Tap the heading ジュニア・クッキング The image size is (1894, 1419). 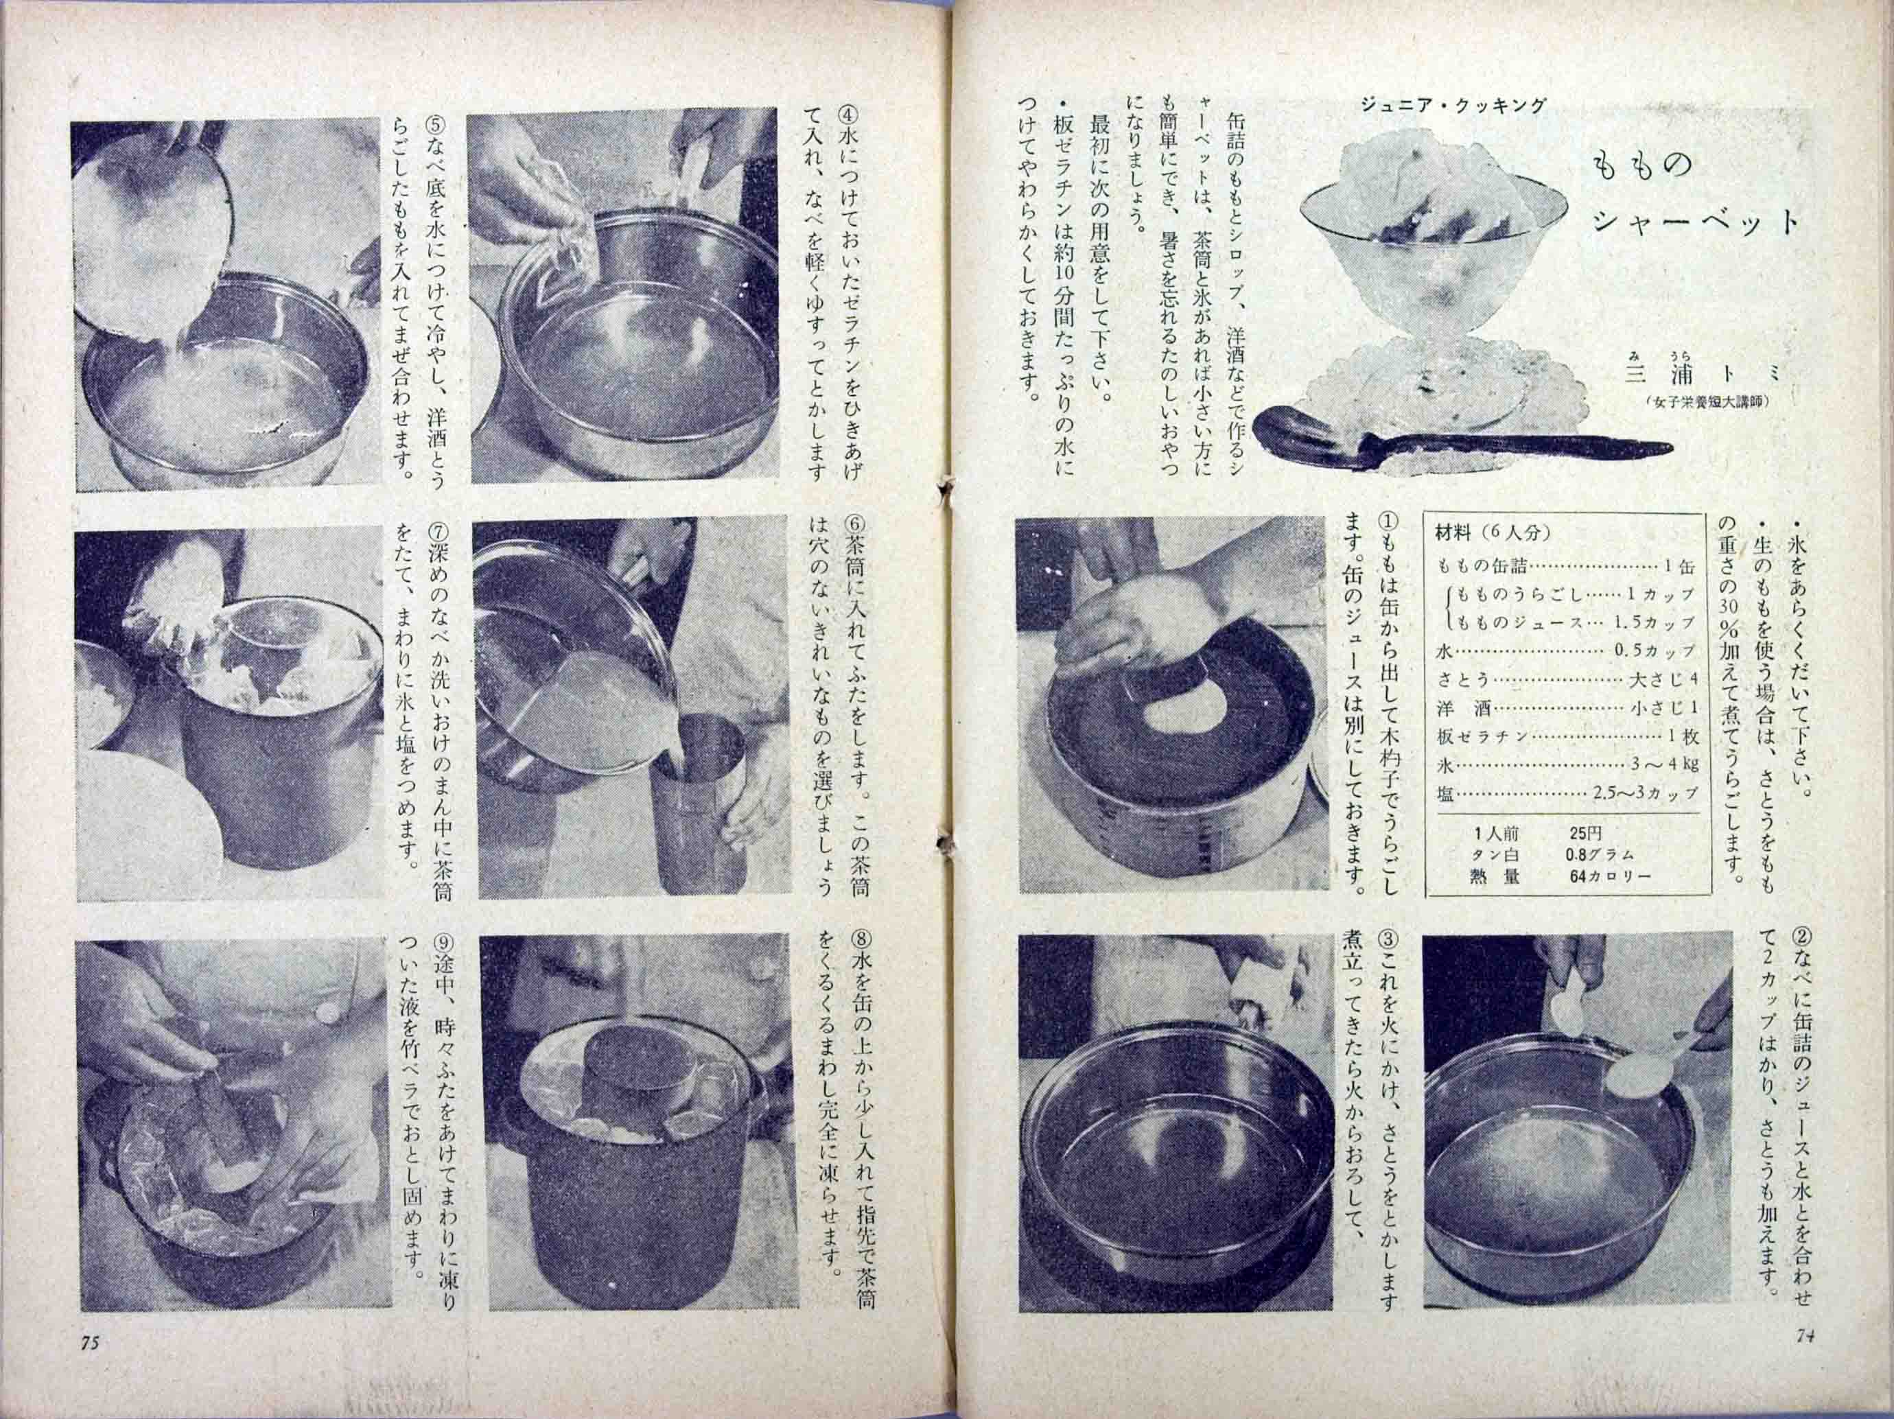pos(1453,107)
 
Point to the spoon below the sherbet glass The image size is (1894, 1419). pos(1455,447)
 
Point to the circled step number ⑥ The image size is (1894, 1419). pos(856,524)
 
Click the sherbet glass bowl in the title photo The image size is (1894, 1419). pos(1430,257)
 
